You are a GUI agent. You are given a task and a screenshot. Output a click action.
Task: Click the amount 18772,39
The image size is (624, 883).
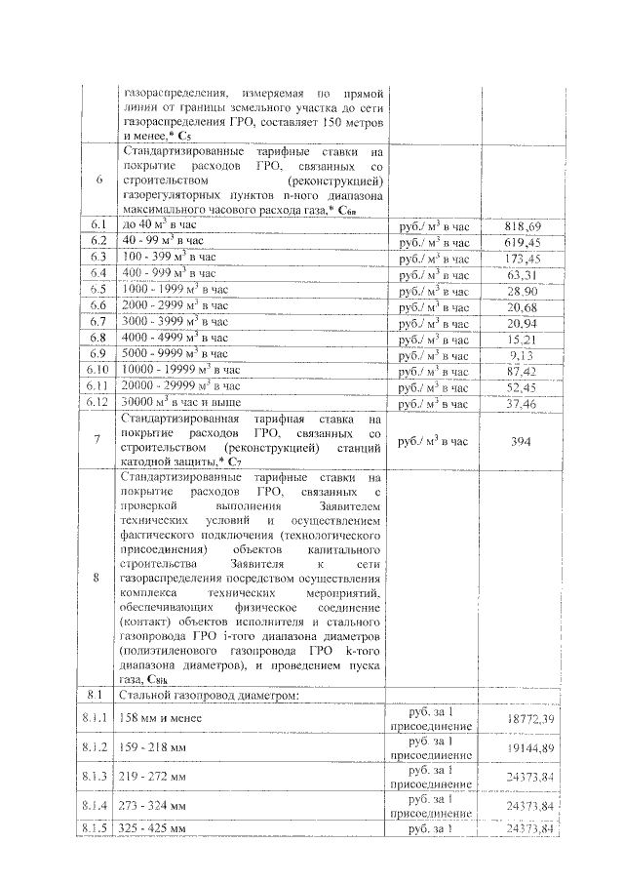point(530,718)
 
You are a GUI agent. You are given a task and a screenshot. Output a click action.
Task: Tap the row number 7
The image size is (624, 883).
point(97,441)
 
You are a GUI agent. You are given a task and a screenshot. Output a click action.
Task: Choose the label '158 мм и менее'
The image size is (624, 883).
point(161,718)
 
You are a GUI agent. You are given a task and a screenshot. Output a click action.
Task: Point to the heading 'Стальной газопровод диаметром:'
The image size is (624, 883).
point(198,694)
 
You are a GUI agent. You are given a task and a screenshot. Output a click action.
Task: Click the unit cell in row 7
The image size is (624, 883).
point(434,441)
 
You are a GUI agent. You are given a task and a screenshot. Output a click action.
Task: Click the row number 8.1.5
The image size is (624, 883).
point(97,828)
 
